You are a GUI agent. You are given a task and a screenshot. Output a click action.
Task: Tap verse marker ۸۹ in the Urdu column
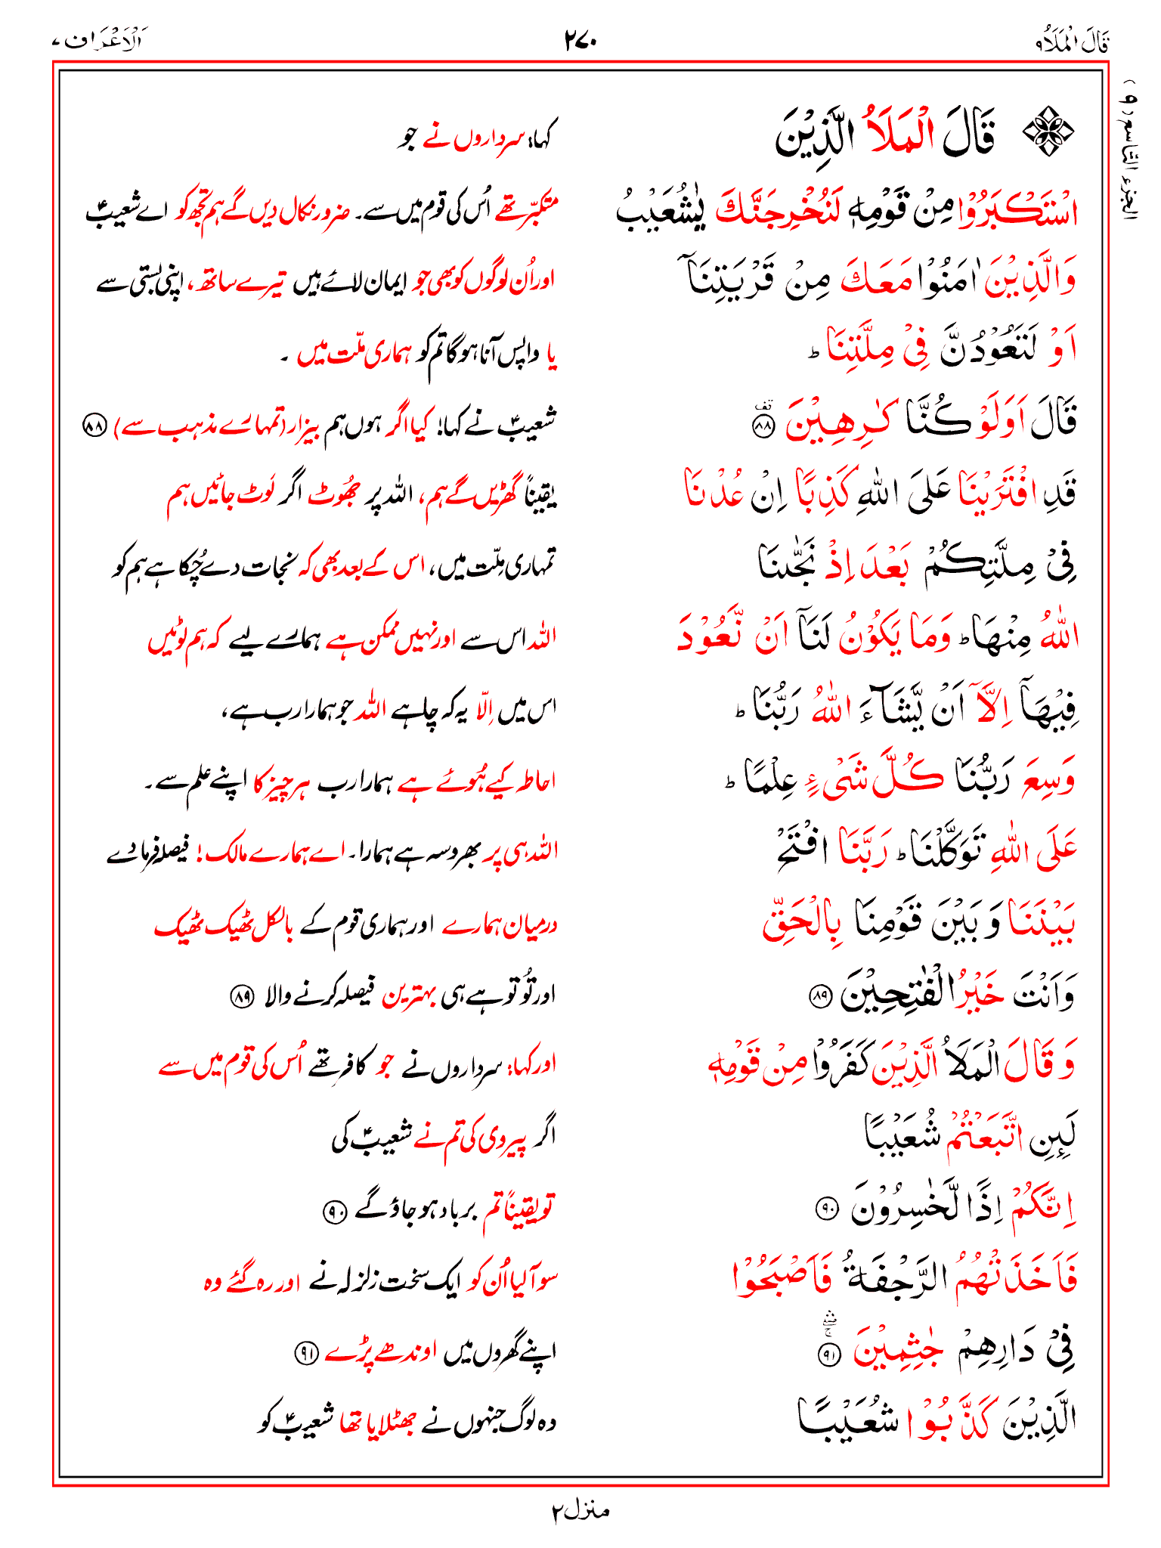click(241, 998)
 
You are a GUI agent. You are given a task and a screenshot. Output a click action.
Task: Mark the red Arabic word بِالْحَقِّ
click(803, 923)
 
